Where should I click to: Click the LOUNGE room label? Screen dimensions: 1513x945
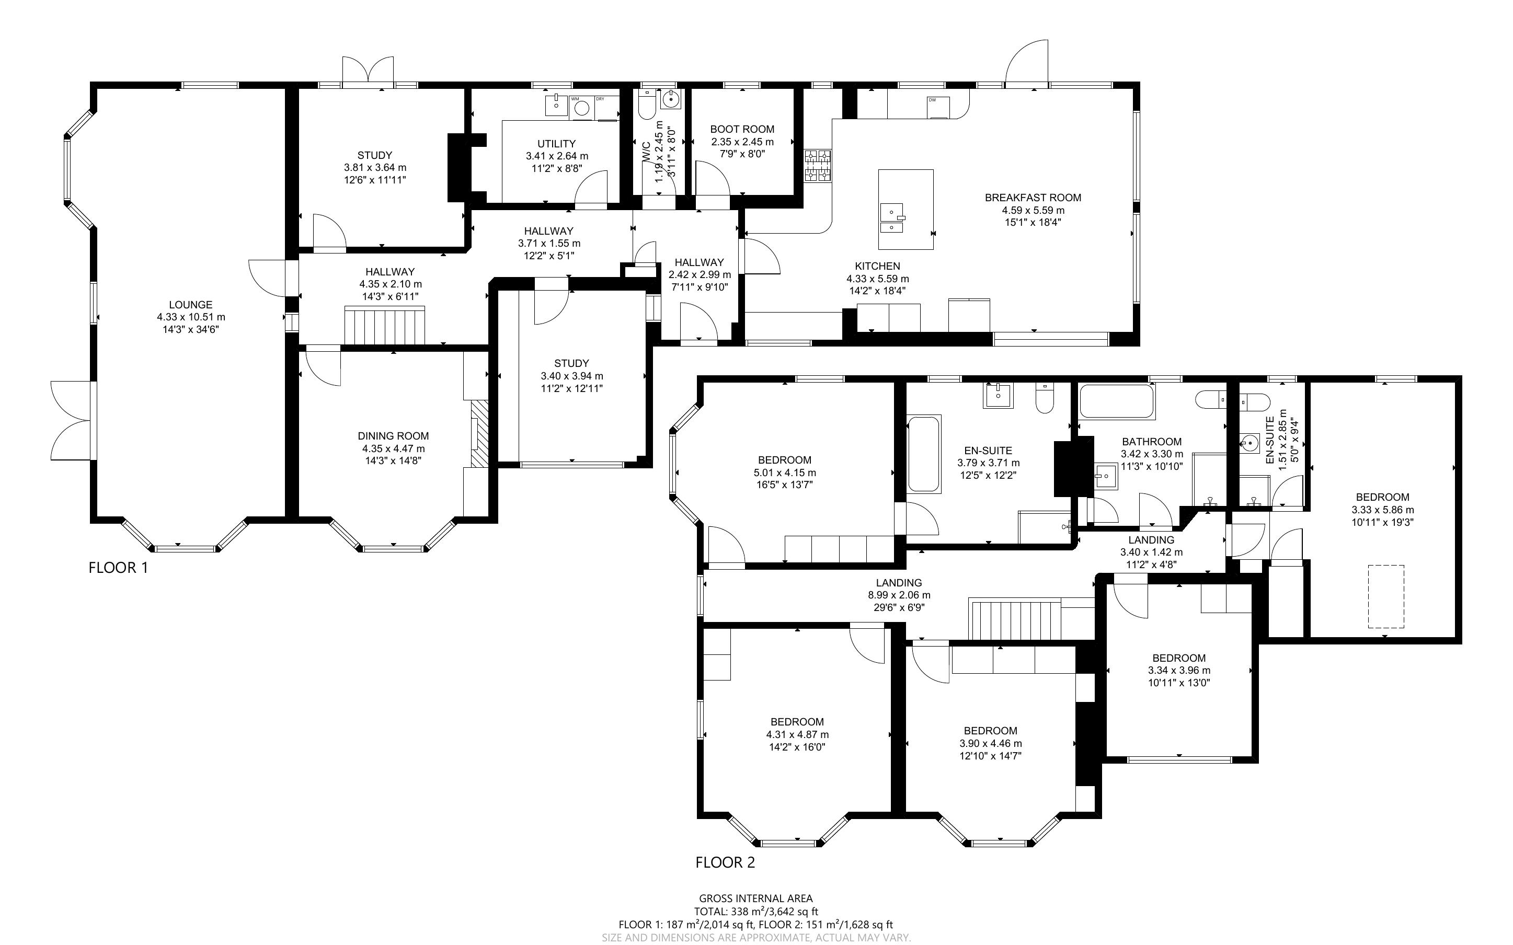pos(191,305)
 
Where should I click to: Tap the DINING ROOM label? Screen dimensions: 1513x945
pos(393,436)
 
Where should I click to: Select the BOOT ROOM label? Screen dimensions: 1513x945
pos(742,130)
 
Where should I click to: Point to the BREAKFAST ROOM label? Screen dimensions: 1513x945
pos(1033,198)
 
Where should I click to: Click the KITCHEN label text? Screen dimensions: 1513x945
pos(877,266)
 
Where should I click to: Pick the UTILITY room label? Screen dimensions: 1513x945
pos(556,144)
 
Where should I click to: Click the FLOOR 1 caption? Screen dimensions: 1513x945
pos(118,568)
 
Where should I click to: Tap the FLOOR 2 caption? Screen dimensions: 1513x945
pos(725,862)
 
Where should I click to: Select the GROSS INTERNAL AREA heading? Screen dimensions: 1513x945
pos(756,899)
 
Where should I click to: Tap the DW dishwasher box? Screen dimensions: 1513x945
pos(938,107)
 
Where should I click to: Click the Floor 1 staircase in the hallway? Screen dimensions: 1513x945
pos(384,325)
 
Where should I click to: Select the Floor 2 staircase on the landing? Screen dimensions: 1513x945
pos(1015,619)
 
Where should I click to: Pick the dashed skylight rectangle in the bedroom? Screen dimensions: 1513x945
pos(1386,596)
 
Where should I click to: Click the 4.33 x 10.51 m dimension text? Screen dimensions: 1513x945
pos(191,317)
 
